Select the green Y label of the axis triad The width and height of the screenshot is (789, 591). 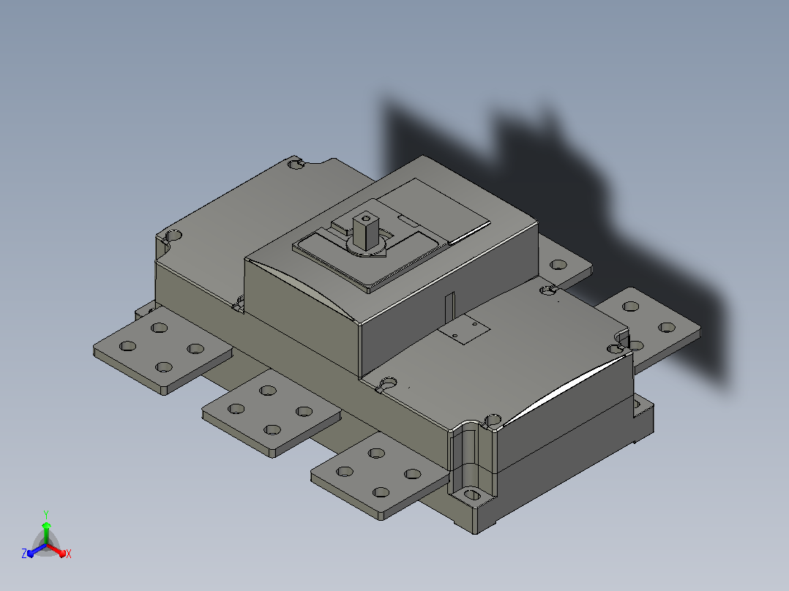coord(46,514)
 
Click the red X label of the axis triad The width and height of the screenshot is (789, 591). coord(69,554)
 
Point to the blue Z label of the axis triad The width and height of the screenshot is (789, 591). coord(24,554)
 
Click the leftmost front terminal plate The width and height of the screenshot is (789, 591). coord(162,350)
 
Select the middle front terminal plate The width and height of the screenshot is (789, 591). coord(272,413)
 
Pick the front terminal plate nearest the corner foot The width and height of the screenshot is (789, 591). coord(380,475)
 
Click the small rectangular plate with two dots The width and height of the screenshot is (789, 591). coord(464,329)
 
